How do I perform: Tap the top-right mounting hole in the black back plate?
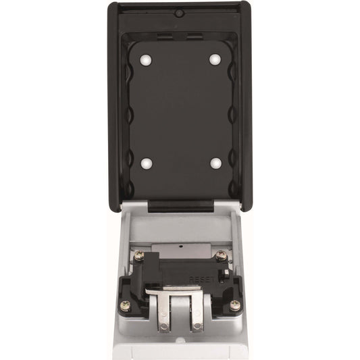coord(214,59)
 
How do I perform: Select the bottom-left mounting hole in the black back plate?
coord(147,163)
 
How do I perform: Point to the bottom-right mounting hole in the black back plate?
coord(214,163)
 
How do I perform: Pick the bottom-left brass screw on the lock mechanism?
coord(126,305)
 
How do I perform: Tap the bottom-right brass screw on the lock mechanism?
coord(234,305)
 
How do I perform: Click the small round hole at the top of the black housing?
coord(179,13)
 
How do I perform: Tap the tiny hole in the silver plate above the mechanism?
coord(180,247)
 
